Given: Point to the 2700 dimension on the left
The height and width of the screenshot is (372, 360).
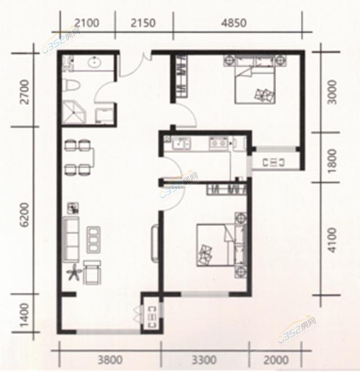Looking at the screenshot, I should point(23,93).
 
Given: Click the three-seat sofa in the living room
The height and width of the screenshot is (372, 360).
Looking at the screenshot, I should point(72,239).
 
